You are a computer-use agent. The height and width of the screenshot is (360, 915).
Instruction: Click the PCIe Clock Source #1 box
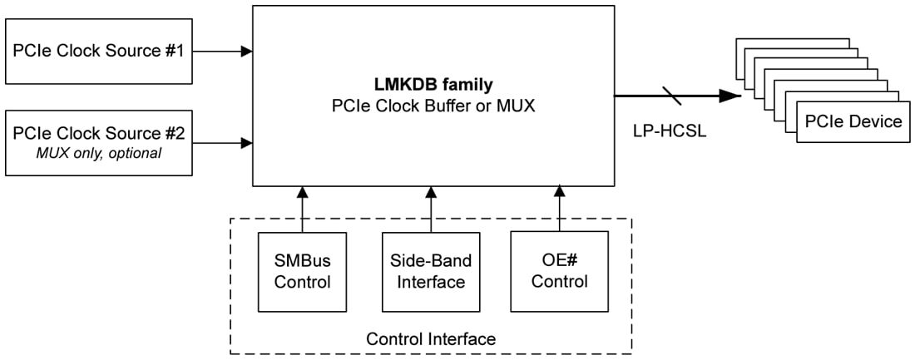coord(98,51)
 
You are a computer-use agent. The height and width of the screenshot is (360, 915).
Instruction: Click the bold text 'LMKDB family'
coord(433,85)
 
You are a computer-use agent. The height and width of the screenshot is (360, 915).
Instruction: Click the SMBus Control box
coord(302,271)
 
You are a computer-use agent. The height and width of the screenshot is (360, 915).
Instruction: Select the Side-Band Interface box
coord(430,271)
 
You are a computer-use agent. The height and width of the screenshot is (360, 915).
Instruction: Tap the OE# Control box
coord(559,271)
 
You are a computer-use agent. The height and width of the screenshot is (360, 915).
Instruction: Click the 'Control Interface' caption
coord(431,339)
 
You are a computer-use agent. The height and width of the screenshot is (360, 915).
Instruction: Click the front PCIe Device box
coord(853,122)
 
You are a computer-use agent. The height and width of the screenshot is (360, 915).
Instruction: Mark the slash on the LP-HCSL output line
coord(671,96)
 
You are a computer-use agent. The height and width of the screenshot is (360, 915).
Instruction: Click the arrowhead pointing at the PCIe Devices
coord(730,96)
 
